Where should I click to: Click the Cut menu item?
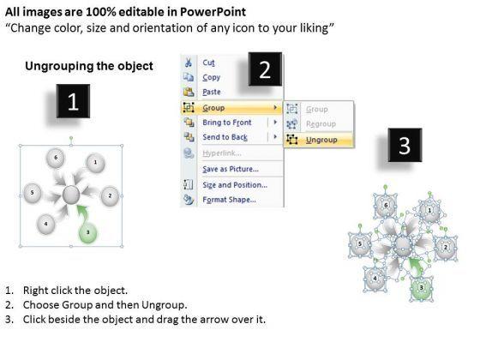(208, 63)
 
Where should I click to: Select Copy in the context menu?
(211, 77)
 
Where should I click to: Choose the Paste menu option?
(211, 92)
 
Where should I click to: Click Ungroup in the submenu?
(321, 140)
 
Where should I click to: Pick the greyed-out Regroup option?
(321, 124)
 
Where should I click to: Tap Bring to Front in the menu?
(227, 123)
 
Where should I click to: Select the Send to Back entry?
(225, 137)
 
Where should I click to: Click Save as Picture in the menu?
(231, 169)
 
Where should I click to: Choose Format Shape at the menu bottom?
(229, 200)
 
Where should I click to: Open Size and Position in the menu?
(235, 185)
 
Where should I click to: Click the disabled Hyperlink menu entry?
(222, 153)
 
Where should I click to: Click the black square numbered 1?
(73, 101)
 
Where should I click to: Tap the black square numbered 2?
(265, 69)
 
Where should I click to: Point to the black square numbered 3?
(405, 145)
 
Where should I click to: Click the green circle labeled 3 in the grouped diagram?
(87, 233)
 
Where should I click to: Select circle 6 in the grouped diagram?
(56, 158)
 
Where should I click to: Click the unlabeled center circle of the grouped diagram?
(71, 195)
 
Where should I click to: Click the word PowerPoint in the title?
(213, 12)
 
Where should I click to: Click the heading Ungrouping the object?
(89, 66)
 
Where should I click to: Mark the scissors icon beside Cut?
(188, 63)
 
